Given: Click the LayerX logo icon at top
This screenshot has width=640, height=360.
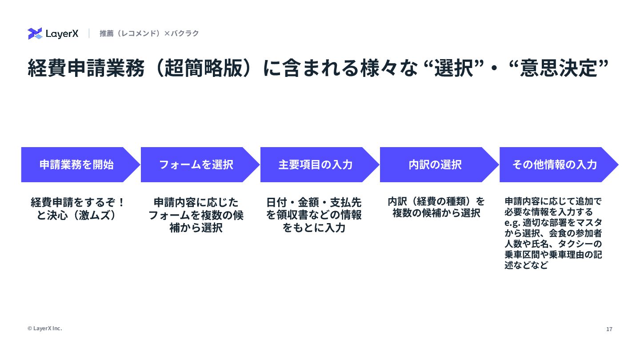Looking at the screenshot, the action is [35, 33].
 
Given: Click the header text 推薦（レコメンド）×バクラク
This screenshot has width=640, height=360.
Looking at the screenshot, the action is [149, 33].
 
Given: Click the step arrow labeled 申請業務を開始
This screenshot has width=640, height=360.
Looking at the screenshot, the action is [76, 164].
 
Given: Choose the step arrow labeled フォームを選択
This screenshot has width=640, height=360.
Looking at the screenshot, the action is [196, 164].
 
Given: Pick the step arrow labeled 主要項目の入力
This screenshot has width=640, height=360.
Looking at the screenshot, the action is [316, 164].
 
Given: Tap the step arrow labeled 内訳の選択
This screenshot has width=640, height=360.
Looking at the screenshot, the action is [435, 164].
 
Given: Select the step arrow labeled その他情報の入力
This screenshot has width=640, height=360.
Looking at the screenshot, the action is [555, 164].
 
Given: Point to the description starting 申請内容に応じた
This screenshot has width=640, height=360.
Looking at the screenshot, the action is [196, 202].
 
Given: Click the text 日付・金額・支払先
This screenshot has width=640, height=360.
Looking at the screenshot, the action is [314, 202].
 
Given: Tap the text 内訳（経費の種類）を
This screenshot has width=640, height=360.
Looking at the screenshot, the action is [436, 201].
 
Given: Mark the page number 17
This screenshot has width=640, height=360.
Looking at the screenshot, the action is [609, 329].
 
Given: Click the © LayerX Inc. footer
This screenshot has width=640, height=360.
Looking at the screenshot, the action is [44, 328].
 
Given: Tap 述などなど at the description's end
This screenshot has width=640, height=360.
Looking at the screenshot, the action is [526, 266].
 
